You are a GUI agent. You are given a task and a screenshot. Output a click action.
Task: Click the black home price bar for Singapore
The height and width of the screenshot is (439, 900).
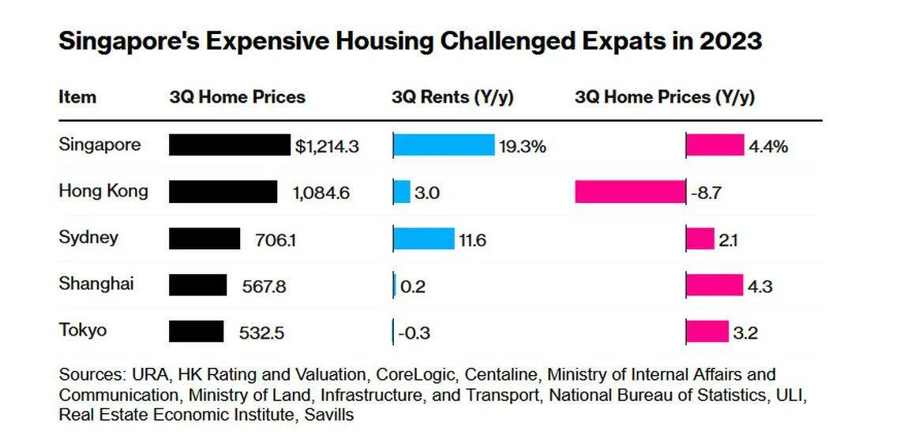click(x=230, y=145)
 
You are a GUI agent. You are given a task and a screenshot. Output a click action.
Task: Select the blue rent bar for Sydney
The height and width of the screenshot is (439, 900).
click(x=424, y=238)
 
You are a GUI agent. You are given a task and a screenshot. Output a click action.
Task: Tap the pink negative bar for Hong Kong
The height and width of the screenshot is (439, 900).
click(x=630, y=192)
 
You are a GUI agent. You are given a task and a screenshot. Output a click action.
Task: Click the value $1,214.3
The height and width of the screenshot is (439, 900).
click(x=328, y=146)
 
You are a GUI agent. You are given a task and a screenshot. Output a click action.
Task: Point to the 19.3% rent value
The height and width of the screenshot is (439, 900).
click(x=522, y=146)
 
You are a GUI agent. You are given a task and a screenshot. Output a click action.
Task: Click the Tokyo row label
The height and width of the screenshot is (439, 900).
click(x=83, y=330)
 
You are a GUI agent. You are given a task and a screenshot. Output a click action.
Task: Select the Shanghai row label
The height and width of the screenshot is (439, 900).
click(x=96, y=283)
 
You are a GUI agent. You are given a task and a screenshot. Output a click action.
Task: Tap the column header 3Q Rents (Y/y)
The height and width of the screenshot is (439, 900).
click(x=452, y=97)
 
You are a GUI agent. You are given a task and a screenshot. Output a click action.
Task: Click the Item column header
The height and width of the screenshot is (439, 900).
click(x=77, y=97)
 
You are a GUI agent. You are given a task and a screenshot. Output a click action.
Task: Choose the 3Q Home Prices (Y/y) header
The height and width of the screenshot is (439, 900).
click(x=665, y=97)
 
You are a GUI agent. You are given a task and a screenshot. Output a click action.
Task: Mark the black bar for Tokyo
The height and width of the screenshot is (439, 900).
click(x=197, y=332)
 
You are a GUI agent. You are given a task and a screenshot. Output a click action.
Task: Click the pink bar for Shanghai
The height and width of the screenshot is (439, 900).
click(x=714, y=285)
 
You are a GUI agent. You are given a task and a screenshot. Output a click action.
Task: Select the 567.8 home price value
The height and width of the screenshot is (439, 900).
click(x=264, y=286)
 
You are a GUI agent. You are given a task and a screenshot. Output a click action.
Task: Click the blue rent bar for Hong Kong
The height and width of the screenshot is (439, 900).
click(x=402, y=192)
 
